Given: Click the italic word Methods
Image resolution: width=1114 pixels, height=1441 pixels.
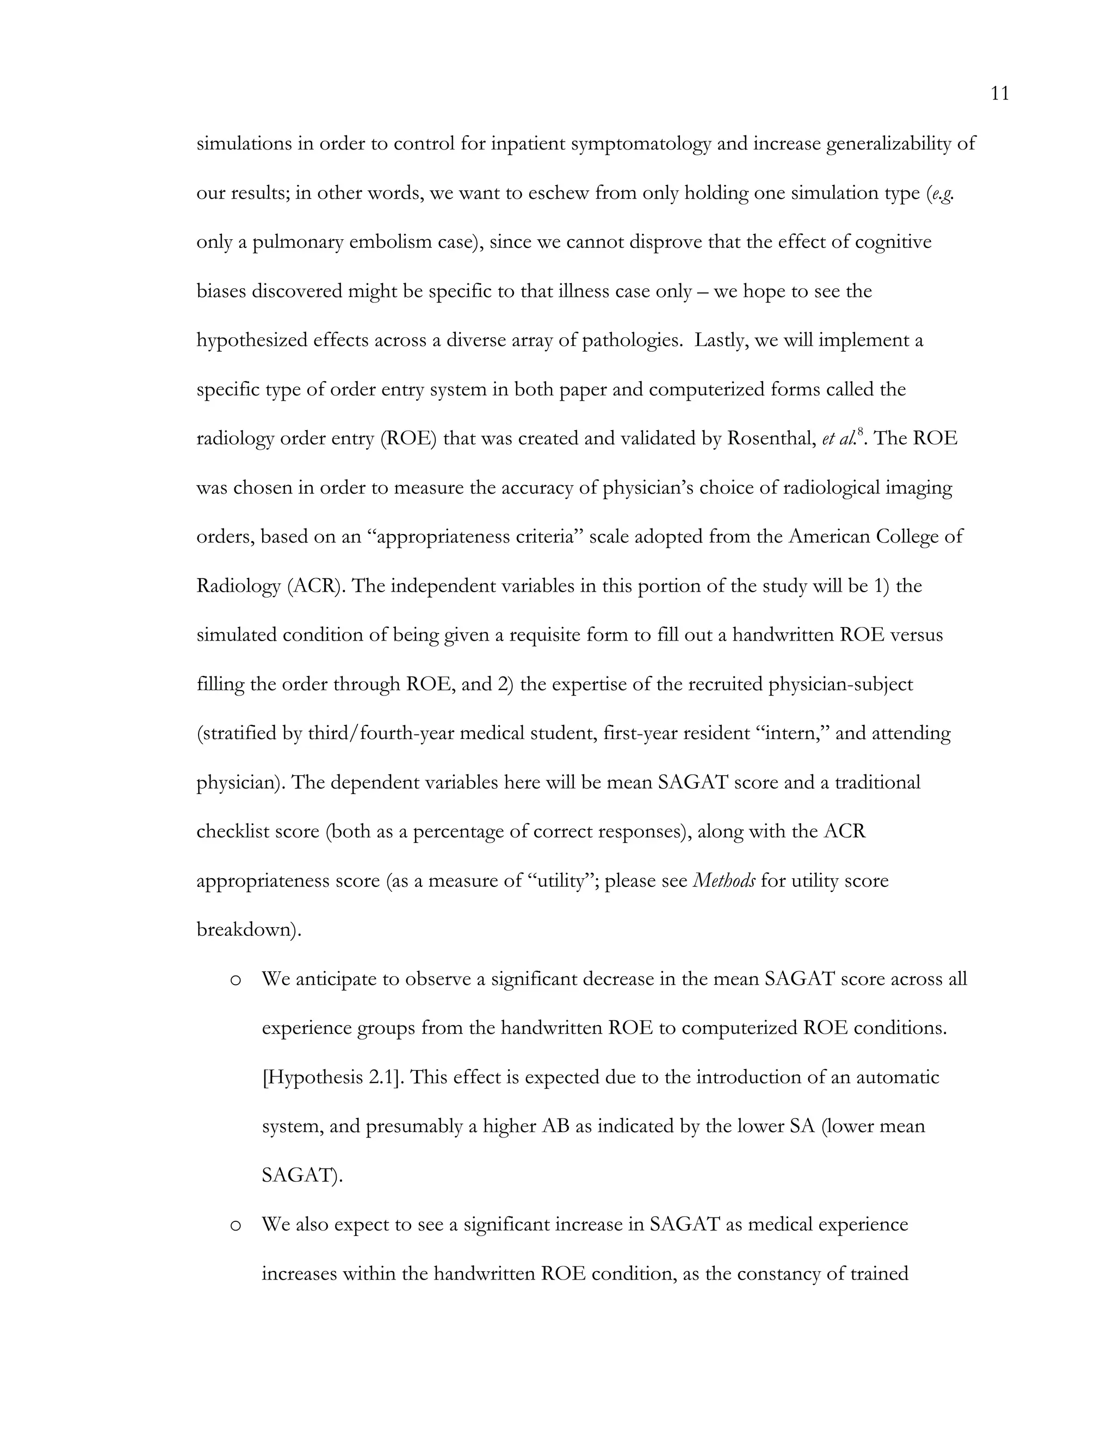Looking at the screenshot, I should (x=723, y=881).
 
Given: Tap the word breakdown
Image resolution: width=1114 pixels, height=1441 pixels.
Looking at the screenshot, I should (x=247, y=930).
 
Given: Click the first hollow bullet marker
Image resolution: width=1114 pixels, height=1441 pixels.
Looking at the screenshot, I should (x=235, y=980).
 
